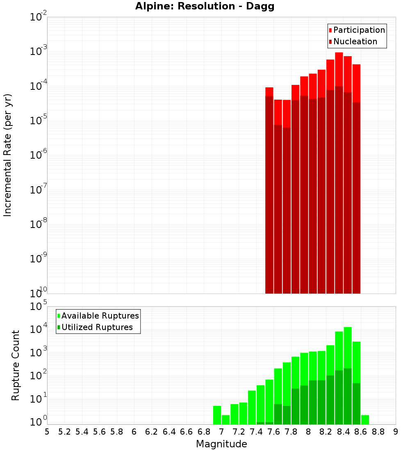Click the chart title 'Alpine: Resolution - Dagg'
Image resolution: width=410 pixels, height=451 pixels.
pyautogui.click(x=205, y=7)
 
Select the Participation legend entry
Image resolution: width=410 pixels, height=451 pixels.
pyautogui.click(x=357, y=30)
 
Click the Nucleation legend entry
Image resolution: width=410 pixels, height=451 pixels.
pyautogui.click(x=353, y=41)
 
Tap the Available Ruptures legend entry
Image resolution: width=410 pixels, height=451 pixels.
pyautogui.click(x=98, y=316)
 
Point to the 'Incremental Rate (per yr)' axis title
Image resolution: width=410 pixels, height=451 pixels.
pyautogui.click(x=8, y=155)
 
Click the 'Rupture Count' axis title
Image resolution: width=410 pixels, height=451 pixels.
pyautogui.click(x=16, y=365)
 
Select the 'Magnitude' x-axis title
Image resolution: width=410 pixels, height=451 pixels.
pyautogui.click(x=221, y=444)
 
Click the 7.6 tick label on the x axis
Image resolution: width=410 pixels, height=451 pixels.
pyautogui.click(x=273, y=432)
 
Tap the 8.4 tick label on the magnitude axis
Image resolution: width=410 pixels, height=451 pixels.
pyautogui.click(x=343, y=432)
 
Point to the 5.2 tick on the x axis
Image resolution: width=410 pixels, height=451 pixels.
pyautogui.click(x=64, y=432)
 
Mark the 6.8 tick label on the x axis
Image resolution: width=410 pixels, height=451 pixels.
pyautogui.click(x=204, y=432)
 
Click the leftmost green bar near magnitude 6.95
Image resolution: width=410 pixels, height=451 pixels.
pyautogui.click(x=217, y=415)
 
